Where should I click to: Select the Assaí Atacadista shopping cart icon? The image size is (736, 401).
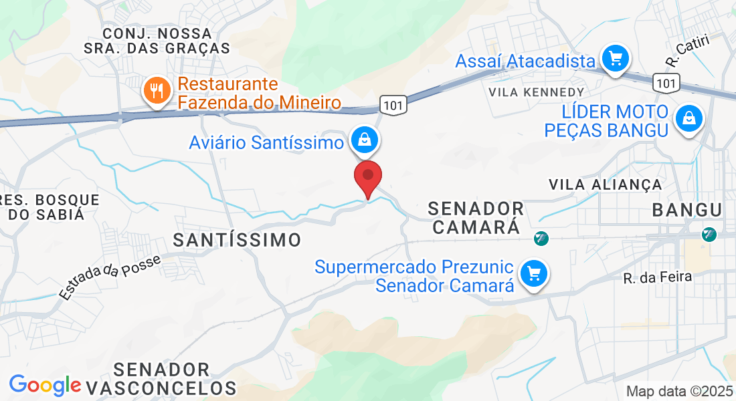click(615, 59)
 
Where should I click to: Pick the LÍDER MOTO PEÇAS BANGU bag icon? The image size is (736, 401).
click(687, 120)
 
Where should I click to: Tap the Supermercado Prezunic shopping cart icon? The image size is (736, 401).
click(533, 274)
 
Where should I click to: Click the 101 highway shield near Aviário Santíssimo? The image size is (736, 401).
click(393, 105)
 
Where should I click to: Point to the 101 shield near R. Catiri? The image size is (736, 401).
click(667, 83)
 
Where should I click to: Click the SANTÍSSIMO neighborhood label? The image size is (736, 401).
click(237, 240)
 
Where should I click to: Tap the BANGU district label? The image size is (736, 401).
click(687, 210)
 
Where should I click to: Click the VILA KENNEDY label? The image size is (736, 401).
click(537, 92)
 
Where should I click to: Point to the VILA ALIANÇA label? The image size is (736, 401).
click(605, 184)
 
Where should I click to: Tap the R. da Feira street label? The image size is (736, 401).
click(646, 277)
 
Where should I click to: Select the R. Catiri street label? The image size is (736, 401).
click(687, 50)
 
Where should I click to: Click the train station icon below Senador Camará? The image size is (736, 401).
click(541, 238)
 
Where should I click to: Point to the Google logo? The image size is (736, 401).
click(45, 385)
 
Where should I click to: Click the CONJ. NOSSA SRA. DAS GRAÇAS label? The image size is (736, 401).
click(157, 40)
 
